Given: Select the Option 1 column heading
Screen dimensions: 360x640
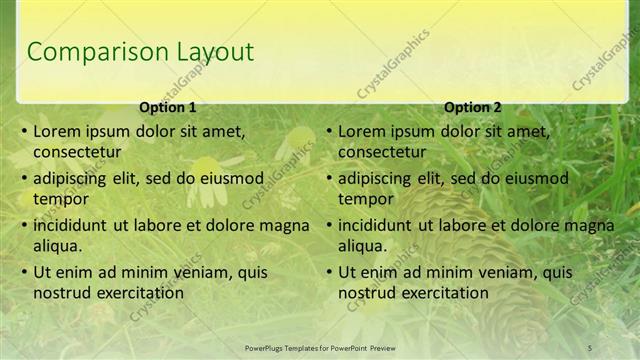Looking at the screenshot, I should (167, 107).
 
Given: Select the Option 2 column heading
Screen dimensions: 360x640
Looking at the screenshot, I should (472, 107).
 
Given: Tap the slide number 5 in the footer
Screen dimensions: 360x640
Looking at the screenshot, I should (590, 348).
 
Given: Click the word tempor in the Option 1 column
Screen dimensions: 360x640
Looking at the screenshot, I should (61, 199).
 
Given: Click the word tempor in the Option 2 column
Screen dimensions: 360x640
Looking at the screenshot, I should (366, 199).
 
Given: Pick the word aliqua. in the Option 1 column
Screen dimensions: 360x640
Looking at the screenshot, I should (57, 246).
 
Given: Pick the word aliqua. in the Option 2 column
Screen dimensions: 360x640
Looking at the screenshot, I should (362, 246).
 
